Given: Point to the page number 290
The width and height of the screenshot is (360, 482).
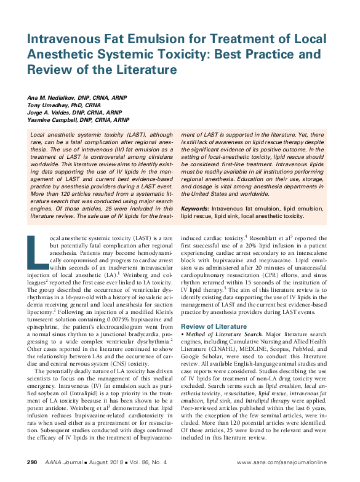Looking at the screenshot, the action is [33, 462].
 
